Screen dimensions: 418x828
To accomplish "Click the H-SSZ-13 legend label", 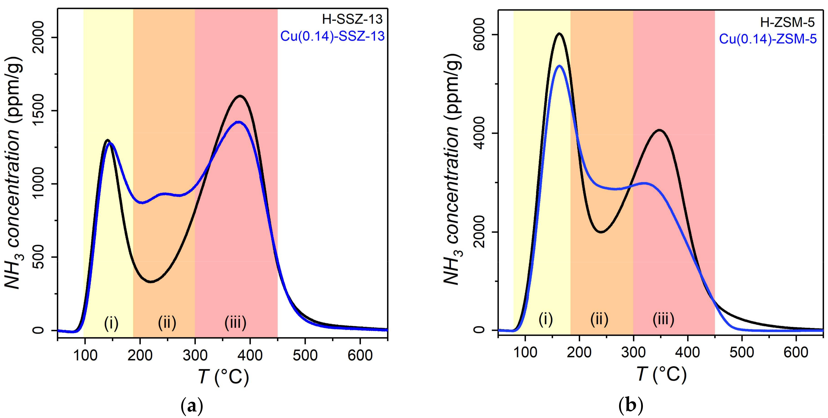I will (x=353, y=20).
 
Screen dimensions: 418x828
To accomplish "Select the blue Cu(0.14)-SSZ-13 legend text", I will (x=332, y=36).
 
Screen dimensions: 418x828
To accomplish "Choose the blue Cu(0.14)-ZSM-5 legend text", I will (x=768, y=39).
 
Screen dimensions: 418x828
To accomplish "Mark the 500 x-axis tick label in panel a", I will (x=305, y=355).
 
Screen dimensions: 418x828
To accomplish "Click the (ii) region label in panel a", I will (x=167, y=323).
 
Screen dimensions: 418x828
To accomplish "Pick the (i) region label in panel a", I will (x=111, y=323).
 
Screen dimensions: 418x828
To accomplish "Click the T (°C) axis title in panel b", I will (x=661, y=374).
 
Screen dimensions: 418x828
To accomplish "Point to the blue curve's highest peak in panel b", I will (x=559, y=66).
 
